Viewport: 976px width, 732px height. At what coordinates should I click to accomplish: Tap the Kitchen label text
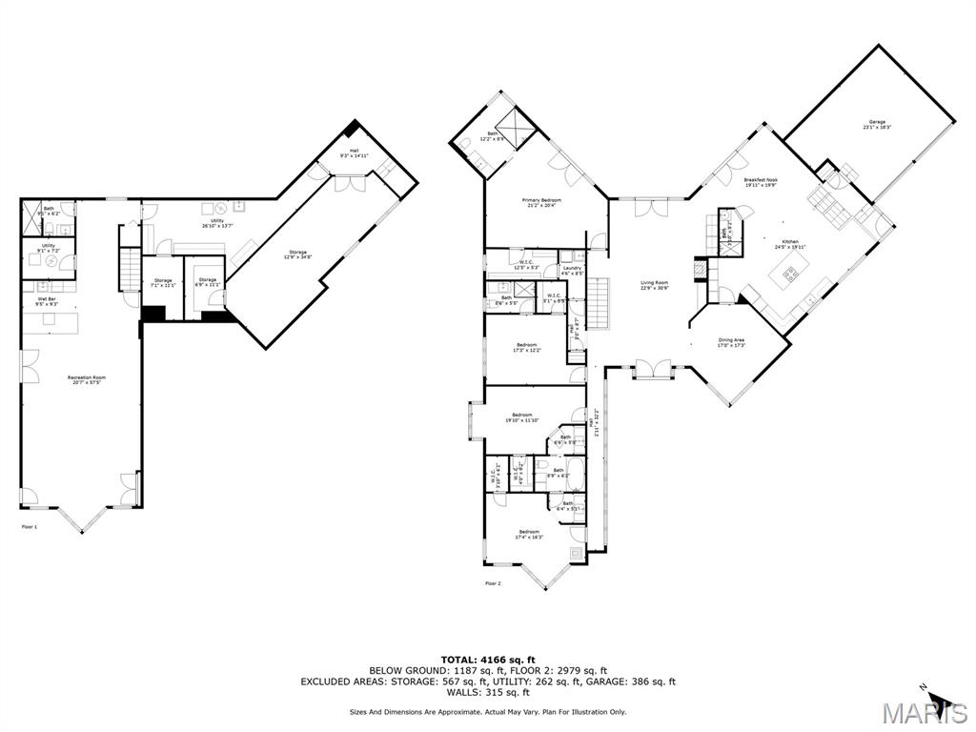pyautogui.click(x=790, y=243)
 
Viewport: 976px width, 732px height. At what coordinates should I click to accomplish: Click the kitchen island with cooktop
pyautogui.click(x=790, y=278)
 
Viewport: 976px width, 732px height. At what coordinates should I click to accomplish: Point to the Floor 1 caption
pyautogui.click(x=30, y=526)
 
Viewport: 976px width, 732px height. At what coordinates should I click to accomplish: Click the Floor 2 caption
pyautogui.click(x=492, y=583)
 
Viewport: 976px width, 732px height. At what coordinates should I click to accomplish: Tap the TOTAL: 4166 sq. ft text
pyautogui.click(x=488, y=659)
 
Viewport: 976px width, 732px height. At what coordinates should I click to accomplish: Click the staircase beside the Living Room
pyautogui.click(x=598, y=301)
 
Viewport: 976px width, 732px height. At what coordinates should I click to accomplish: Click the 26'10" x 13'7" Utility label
pyautogui.click(x=218, y=223)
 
